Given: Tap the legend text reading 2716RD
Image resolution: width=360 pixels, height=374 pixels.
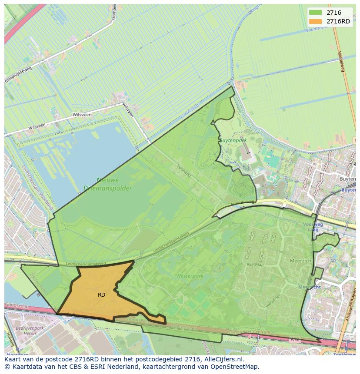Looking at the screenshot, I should point(338,21).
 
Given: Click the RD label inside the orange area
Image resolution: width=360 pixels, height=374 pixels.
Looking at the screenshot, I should point(101,295).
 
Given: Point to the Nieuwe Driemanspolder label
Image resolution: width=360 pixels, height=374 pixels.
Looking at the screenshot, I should point(101,184).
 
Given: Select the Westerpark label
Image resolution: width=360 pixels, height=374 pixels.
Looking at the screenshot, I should point(187,276).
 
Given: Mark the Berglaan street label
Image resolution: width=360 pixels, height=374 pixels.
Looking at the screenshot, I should point(255,264).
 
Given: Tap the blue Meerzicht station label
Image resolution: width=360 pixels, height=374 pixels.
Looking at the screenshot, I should point(310,287).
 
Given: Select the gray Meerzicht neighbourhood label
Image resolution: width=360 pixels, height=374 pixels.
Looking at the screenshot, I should point(301,261).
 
